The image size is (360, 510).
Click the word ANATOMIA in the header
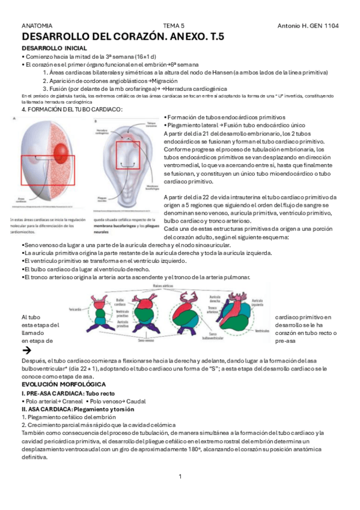tap(37, 26)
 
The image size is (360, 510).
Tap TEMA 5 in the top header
tap(174, 26)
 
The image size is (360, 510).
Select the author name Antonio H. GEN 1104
tap(308, 26)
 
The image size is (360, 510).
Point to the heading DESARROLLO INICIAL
tap(54, 48)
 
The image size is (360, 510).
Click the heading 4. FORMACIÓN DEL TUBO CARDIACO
tap(72, 109)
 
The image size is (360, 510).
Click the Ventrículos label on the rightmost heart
tap(262, 331)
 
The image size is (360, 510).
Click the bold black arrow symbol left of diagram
tap(26, 349)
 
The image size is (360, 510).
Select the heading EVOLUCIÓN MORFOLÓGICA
tap(64, 384)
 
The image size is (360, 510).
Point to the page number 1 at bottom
tap(180, 476)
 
